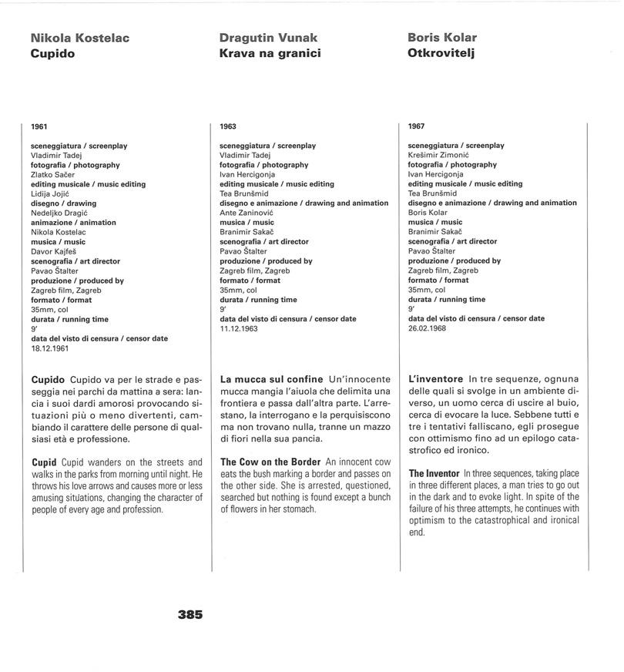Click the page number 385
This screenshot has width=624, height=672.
(190, 615)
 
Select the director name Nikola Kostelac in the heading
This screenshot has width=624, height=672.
(80, 38)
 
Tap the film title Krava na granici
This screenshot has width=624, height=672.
(270, 53)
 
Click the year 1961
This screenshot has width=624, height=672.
(39, 126)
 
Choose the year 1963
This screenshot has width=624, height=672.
(228, 126)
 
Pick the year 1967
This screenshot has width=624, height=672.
(417, 126)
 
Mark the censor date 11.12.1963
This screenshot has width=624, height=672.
(240, 329)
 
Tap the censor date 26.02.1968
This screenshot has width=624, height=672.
(428, 329)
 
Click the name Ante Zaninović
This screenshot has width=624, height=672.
(247, 213)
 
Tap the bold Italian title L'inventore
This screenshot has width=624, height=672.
(436, 379)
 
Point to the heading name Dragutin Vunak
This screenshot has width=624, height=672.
(268, 38)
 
